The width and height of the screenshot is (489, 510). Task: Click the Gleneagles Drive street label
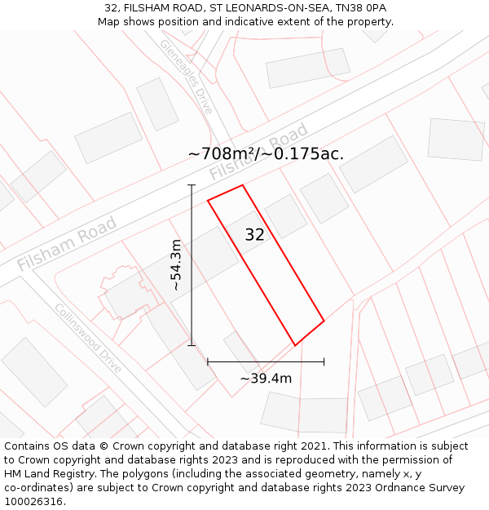(x=186, y=77)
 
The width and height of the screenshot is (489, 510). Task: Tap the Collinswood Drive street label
(x=88, y=338)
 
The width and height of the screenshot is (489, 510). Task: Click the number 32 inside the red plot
(x=254, y=235)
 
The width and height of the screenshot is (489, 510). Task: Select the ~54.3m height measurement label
(x=176, y=265)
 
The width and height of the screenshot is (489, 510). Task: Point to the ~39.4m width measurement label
(x=266, y=378)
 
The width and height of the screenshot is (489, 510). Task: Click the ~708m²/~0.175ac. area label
(x=266, y=153)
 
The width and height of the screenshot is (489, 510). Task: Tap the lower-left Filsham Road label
(x=67, y=242)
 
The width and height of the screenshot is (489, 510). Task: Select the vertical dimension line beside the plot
(x=192, y=265)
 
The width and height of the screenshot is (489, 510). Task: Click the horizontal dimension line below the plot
(x=266, y=361)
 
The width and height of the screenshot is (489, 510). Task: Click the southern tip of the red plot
(x=295, y=345)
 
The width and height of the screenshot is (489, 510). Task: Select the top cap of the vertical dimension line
(x=192, y=185)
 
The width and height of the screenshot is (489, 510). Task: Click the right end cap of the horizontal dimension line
(x=324, y=361)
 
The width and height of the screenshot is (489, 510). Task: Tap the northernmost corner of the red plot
(x=242, y=185)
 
